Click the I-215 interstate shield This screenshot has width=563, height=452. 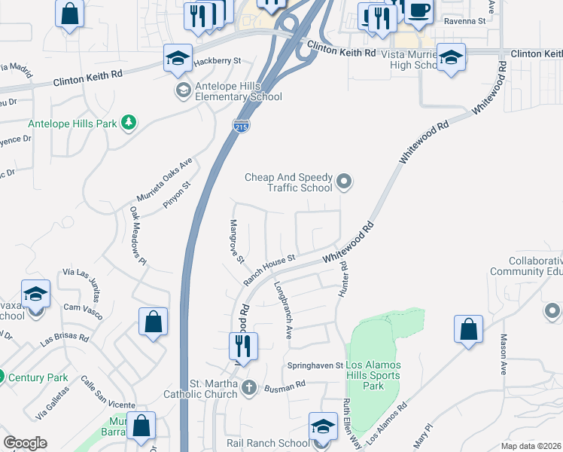240,127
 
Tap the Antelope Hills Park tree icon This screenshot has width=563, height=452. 129,122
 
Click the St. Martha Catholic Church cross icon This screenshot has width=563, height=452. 249,388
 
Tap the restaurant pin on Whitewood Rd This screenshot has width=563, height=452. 243,347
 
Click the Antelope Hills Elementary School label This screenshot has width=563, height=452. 238,91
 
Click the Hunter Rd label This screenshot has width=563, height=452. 344,278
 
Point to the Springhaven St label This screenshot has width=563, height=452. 315,365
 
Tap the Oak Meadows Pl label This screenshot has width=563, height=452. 136,237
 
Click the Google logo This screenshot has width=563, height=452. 25,443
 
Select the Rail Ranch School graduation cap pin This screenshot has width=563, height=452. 323,427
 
